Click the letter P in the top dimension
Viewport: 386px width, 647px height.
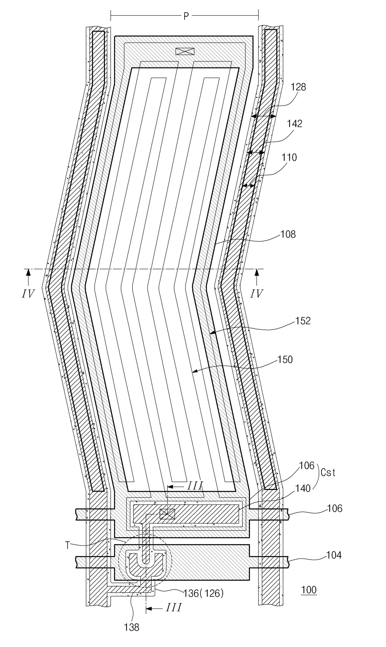(x=186, y=17)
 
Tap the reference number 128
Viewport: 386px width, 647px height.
(x=298, y=87)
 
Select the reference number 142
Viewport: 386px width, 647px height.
(x=294, y=124)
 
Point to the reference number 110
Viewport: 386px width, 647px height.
(x=289, y=158)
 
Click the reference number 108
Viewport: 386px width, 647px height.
(x=288, y=234)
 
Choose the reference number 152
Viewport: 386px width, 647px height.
(x=303, y=321)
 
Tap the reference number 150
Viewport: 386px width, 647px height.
(x=285, y=359)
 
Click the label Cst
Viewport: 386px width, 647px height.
(x=328, y=473)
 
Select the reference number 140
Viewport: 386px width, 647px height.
(x=303, y=488)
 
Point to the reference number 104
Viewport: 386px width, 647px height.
(x=334, y=555)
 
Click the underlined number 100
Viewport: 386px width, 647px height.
(x=309, y=590)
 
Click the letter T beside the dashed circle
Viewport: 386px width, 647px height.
(x=68, y=545)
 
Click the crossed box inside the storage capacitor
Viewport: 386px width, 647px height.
(x=167, y=514)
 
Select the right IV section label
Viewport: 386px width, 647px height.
(x=257, y=293)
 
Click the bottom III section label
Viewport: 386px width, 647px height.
(x=173, y=607)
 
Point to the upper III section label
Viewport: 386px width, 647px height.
(x=195, y=486)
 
